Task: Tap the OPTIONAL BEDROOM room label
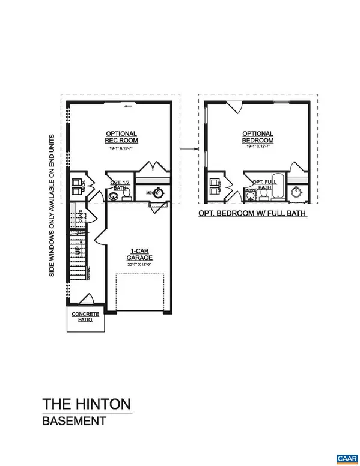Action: point(257,137)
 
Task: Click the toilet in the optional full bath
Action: point(263,194)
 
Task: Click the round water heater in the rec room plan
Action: point(159,193)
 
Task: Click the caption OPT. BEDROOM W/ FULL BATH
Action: point(252,213)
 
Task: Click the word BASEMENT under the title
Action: point(69,422)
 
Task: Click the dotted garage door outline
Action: point(140,292)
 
